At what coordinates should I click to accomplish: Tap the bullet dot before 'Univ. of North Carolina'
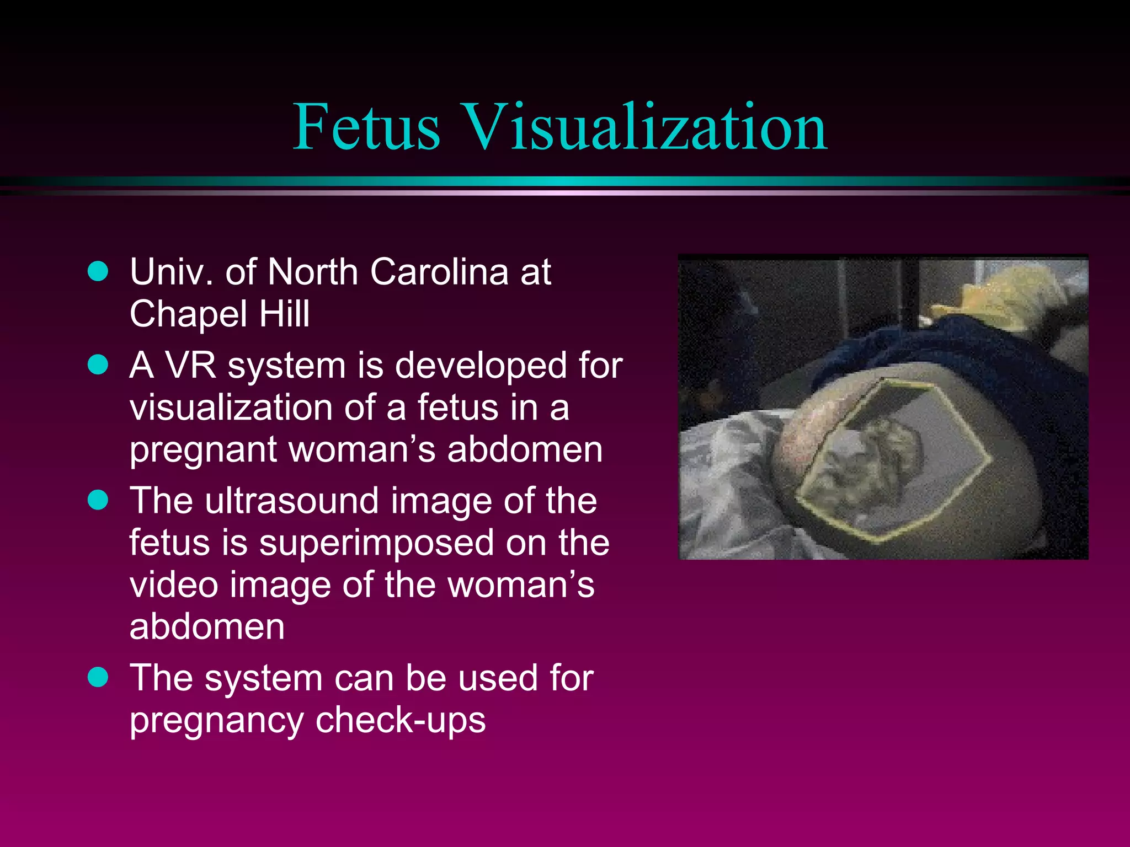[x=98, y=271]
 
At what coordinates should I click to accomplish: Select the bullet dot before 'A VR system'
[x=98, y=364]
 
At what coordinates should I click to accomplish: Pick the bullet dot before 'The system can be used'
[x=98, y=677]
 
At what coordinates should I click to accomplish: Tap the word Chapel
[x=188, y=314]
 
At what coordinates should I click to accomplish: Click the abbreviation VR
[x=191, y=366]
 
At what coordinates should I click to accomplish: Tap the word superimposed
[x=376, y=543]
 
